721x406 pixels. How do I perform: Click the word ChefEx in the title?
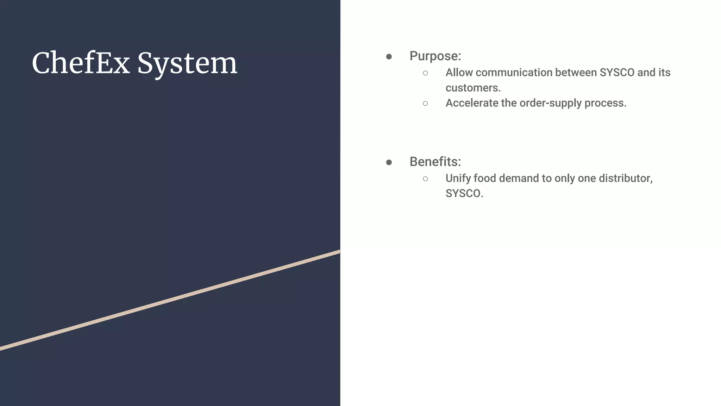point(81,63)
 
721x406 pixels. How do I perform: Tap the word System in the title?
point(187,64)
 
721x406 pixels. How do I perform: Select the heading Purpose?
point(435,56)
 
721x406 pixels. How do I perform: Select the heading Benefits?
point(435,162)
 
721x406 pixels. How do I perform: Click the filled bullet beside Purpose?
point(389,57)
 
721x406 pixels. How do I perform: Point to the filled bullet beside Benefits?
point(389,162)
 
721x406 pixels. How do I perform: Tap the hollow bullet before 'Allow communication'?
point(425,73)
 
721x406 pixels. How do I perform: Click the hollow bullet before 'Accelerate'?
point(425,104)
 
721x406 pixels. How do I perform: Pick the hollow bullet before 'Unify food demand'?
point(425,179)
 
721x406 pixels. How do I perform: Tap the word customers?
point(473,88)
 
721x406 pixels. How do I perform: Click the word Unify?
point(458,178)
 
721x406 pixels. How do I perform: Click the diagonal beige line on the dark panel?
point(170,300)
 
